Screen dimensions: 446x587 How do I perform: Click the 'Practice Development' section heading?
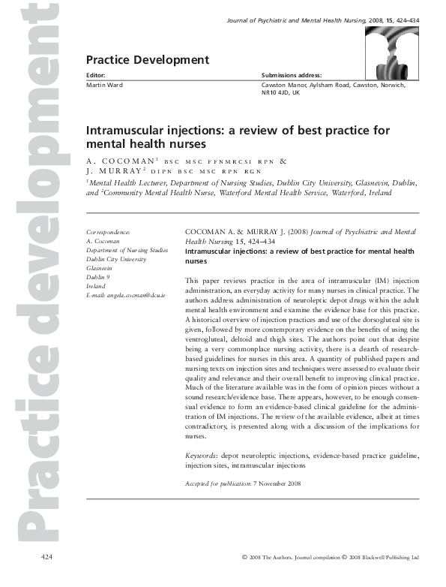pyautogui.click(x=148, y=59)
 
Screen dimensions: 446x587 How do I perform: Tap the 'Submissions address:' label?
pyautogui.click(x=292, y=76)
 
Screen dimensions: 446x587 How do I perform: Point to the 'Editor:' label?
pyautogui.click(x=96, y=76)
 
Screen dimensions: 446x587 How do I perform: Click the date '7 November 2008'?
pyautogui.click(x=277, y=483)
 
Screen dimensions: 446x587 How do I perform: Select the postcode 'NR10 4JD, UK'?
pyautogui.click(x=286, y=94)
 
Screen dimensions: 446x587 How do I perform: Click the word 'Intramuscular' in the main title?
pyautogui.click(x=127, y=130)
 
